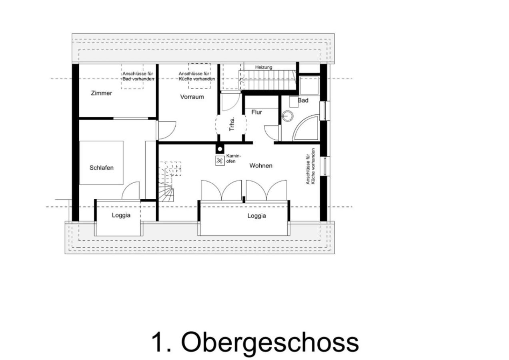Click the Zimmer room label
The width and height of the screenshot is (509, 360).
[101, 93]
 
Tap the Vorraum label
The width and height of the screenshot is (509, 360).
[192, 97]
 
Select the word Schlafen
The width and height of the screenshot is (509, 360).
[102, 168]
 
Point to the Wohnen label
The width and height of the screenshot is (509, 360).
[261, 166]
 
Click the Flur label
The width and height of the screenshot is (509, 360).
[257, 112]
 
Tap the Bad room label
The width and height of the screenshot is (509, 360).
[303, 100]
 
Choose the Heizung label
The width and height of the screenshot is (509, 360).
[264, 67]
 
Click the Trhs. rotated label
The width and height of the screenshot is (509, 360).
[232, 124]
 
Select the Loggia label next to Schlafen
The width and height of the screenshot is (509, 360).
[121, 215]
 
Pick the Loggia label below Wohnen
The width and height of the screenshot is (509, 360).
[257, 216]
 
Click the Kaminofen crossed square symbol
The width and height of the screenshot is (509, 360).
[220, 161]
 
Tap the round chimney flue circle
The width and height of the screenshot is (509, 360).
[220, 149]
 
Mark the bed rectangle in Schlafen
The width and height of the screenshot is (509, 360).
[101, 163]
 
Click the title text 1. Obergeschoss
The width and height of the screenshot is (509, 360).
[255, 342]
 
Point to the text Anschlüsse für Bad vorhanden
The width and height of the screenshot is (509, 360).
[138, 76]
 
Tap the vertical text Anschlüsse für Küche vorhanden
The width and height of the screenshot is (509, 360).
[311, 166]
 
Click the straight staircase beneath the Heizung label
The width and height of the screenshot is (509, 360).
[268, 80]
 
